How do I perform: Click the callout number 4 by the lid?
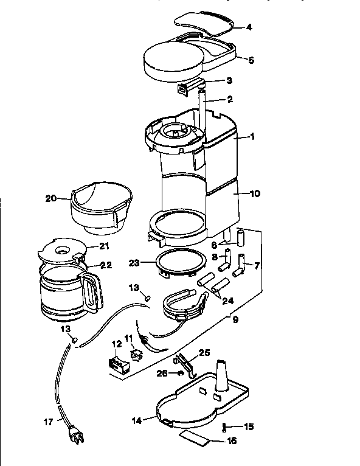(x=249, y=27)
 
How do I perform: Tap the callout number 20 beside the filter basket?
(x=50, y=198)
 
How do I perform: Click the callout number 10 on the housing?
(x=255, y=193)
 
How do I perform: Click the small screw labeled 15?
(x=225, y=427)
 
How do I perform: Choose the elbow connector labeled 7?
(x=243, y=264)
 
